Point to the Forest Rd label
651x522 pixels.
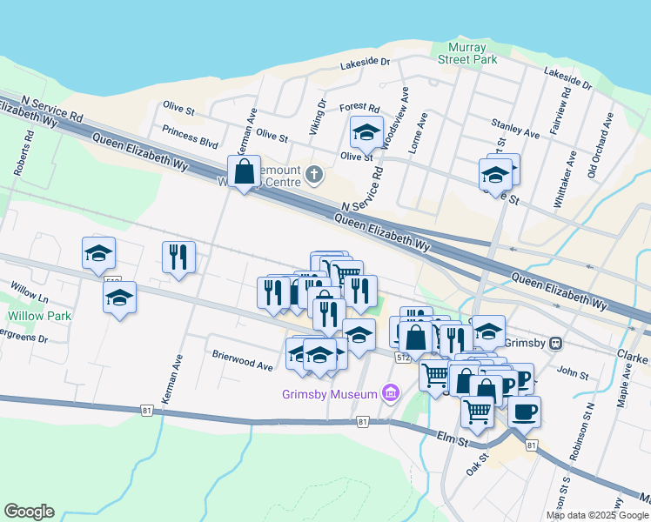[x=359, y=108]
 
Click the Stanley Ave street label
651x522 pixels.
[x=515, y=129]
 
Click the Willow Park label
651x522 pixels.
[x=39, y=316]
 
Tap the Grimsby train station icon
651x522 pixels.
[x=554, y=343]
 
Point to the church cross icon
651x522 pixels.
[x=315, y=176]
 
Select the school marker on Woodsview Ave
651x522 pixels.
[x=366, y=132]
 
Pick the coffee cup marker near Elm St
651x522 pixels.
[x=524, y=411]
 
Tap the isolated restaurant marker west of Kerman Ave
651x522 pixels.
[x=178, y=257]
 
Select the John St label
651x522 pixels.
[x=573, y=372]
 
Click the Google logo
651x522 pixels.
[x=29, y=512]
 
